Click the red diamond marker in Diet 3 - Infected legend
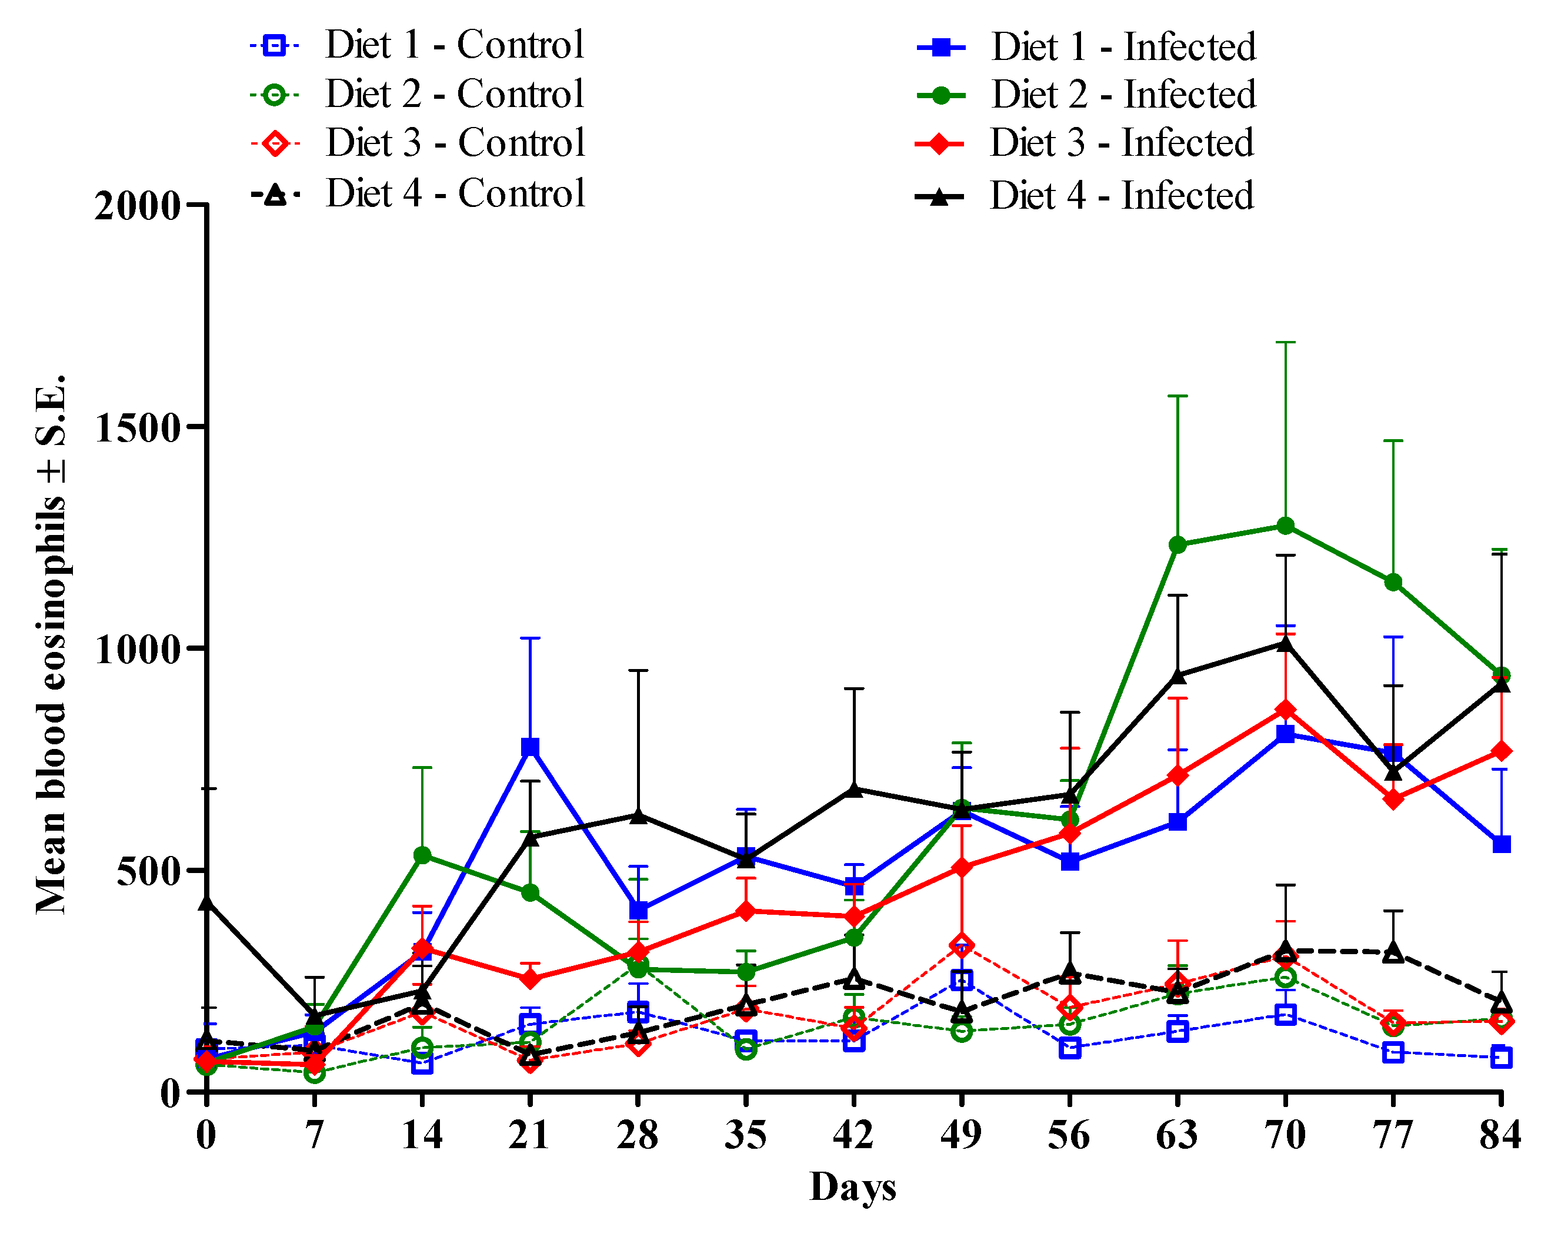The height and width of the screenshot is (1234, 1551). [939, 143]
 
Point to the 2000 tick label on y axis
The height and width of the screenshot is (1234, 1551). [136, 206]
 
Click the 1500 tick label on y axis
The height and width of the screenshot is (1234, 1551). [136, 429]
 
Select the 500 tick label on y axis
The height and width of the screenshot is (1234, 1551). [148, 872]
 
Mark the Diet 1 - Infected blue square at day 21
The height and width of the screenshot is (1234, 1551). [530, 747]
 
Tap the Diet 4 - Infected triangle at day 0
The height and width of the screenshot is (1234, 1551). [206, 902]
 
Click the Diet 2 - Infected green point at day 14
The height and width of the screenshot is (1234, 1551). [422, 855]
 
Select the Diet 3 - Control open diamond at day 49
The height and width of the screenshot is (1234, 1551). [962, 945]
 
